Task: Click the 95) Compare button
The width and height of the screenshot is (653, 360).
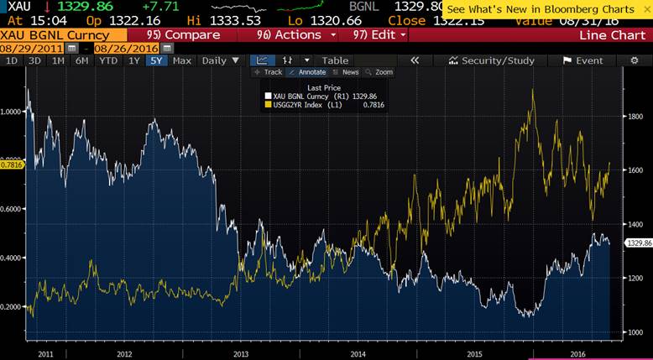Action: click(183, 35)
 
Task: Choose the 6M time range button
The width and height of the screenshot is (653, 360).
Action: click(81, 60)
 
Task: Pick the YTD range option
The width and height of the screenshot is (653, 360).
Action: click(107, 60)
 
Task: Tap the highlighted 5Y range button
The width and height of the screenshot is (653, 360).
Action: click(155, 60)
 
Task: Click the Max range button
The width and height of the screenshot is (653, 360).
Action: click(182, 60)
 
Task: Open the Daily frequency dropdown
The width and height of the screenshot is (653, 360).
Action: click(219, 60)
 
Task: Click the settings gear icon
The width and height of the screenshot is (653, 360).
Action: click(633, 60)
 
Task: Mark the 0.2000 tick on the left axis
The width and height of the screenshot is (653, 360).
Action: click(13, 307)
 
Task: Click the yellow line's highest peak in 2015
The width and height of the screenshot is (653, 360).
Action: click(533, 89)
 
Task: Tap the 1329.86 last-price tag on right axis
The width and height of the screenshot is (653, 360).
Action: click(639, 243)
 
